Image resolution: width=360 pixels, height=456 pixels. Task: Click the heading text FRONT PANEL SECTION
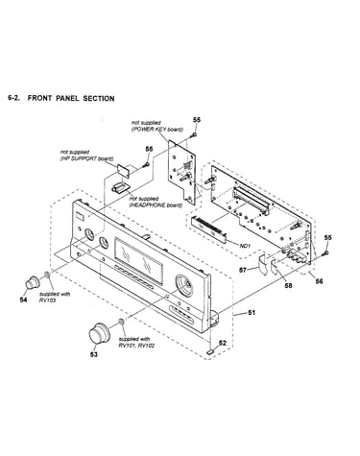71,98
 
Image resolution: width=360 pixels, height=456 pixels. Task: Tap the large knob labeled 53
100,333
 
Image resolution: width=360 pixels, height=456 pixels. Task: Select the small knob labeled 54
33,282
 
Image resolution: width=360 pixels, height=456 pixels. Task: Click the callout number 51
252,312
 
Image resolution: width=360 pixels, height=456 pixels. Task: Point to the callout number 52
223,343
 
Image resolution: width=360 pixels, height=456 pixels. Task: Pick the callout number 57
243,270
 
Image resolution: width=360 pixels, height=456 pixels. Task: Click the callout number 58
288,285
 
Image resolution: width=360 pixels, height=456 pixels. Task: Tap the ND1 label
245,246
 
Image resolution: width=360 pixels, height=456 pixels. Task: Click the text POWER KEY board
157,130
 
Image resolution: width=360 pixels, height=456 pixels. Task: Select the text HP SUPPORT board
86,158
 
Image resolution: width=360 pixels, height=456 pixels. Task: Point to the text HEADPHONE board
156,205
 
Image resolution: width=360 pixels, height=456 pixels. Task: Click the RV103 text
47,300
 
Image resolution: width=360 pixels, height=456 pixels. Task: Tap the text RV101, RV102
136,346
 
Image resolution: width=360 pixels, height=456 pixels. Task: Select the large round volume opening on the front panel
184,284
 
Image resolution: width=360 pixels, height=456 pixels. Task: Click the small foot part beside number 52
210,351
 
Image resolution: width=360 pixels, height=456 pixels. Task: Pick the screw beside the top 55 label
194,134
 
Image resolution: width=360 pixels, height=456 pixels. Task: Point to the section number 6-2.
13,98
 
